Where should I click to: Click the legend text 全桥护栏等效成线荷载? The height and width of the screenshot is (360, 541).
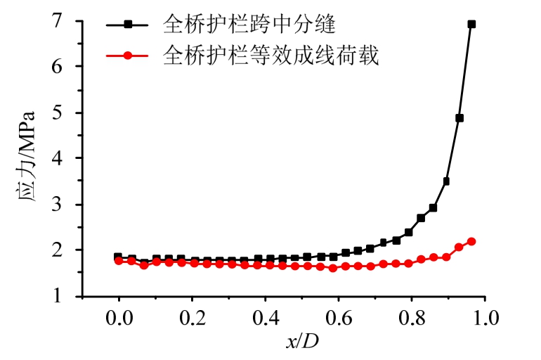click(x=271, y=55)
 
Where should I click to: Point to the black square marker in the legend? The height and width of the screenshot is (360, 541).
click(x=128, y=25)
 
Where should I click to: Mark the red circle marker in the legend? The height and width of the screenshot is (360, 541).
click(x=128, y=55)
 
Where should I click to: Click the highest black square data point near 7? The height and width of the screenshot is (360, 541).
click(x=471, y=24)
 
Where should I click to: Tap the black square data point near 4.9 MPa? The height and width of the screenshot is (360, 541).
click(x=459, y=118)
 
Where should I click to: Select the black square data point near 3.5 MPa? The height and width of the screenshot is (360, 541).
click(x=446, y=181)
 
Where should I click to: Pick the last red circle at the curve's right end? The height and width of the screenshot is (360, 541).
click(x=471, y=241)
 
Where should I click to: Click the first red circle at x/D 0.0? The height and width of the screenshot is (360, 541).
click(x=119, y=261)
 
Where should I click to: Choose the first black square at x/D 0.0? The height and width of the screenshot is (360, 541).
click(x=118, y=257)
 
